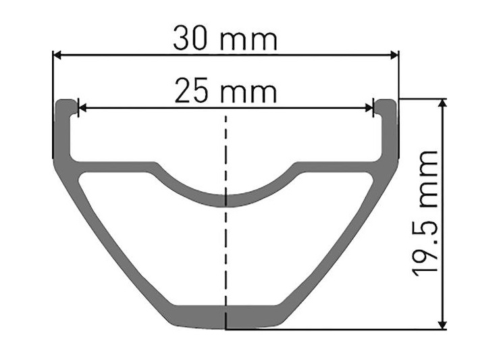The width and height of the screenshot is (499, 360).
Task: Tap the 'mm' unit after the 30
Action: [x=249, y=41]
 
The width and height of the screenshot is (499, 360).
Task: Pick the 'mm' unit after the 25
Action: [x=249, y=94]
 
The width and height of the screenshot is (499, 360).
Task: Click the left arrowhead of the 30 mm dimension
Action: [x=57, y=55]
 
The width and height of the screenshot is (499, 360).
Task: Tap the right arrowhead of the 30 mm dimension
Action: [x=394, y=55]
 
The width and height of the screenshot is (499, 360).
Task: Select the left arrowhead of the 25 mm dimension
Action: [x=82, y=108]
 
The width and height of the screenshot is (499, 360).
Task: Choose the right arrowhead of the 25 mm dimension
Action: [x=369, y=108]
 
